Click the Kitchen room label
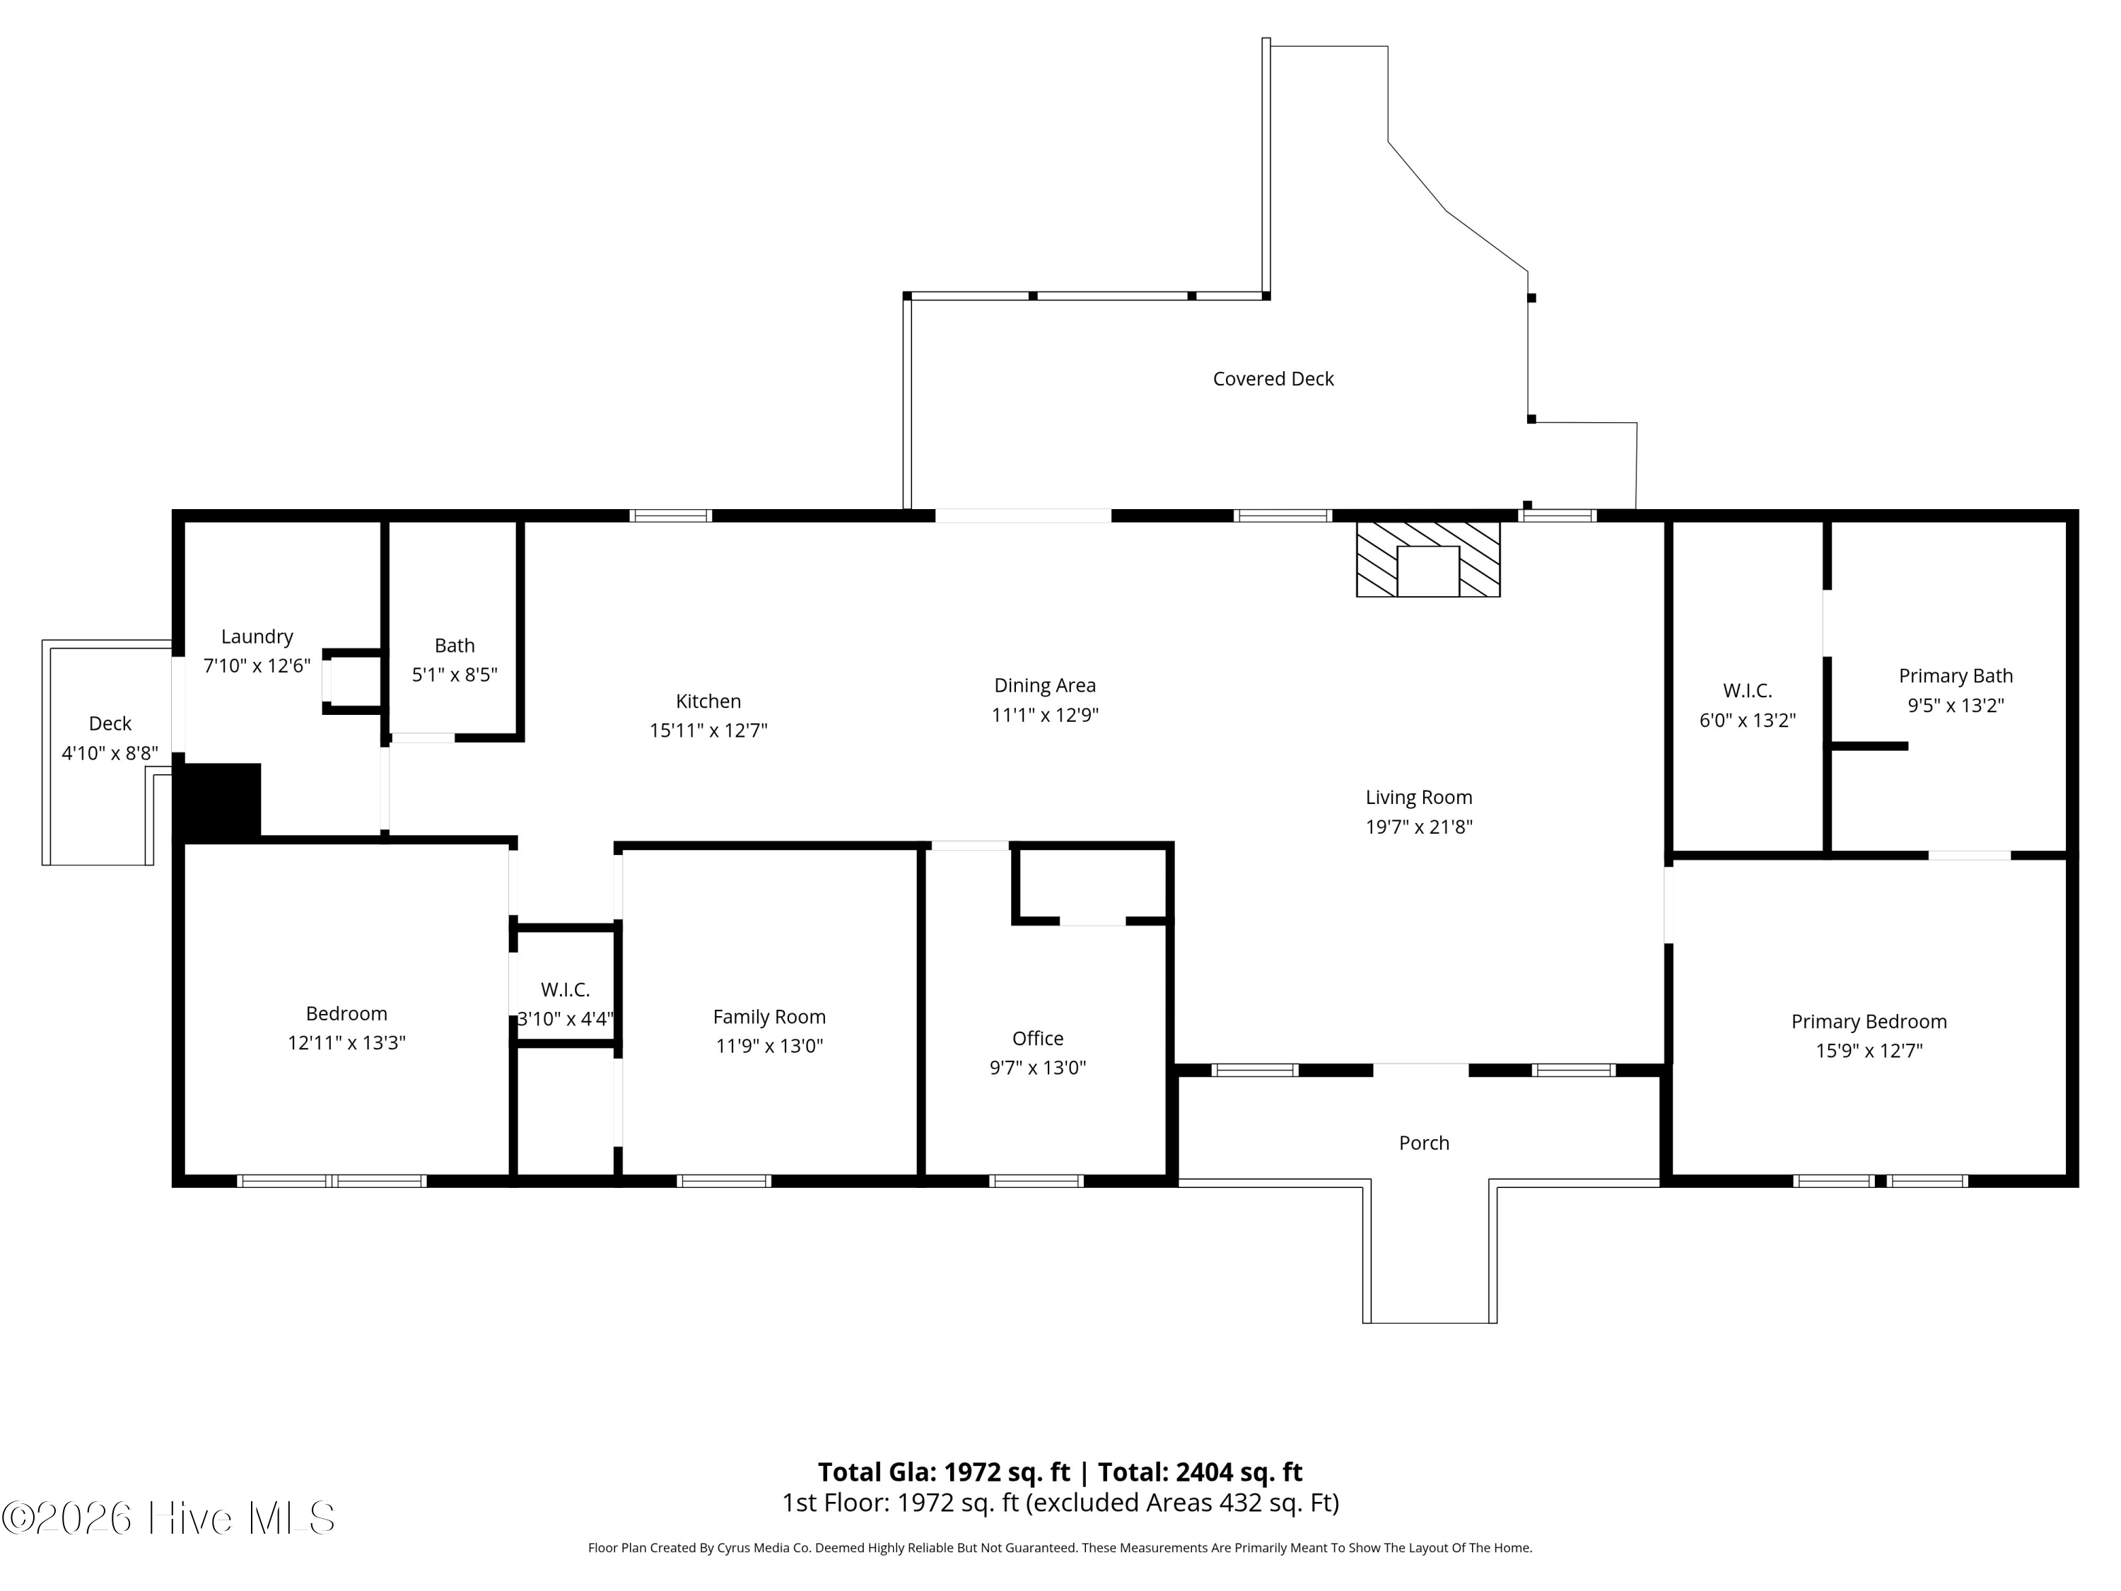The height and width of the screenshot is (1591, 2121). (708, 701)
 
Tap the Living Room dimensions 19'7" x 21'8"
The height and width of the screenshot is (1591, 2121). (1418, 827)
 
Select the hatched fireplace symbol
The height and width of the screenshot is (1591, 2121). (1427, 559)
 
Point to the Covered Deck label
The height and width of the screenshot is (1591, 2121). (1273, 379)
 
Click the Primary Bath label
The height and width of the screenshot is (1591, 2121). (1955, 676)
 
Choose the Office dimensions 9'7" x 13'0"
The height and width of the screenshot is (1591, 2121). (1037, 1067)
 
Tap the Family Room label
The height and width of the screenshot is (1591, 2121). (769, 1017)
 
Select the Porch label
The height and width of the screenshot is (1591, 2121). (1423, 1143)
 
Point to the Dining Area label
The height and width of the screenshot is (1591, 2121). (1044, 686)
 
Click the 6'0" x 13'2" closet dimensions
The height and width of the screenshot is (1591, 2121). (1747, 721)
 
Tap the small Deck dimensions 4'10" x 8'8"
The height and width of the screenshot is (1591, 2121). (110, 754)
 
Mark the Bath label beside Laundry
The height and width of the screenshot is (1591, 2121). (454, 646)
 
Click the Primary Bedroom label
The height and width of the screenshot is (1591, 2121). (1868, 1021)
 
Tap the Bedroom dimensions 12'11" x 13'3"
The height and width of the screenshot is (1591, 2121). (346, 1042)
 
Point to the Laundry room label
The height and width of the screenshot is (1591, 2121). (257, 637)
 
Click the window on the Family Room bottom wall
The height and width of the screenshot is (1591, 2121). (724, 1182)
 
